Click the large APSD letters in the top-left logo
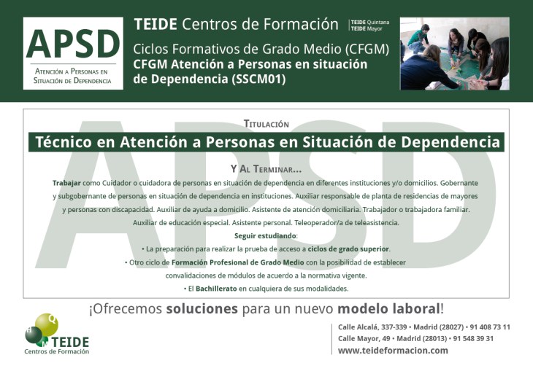tap(73, 44)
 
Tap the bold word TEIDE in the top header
tap(156, 24)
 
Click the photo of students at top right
tap(454, 54)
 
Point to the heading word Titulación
tap(266, 124)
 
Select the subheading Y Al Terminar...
tap(266, 168)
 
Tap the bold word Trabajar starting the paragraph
tap(66, 183)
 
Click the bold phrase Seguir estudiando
tap(266, 235)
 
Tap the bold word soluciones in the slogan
tap(202, 308)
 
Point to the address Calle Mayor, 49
tap(364, 338)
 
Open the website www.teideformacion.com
tap(393, 351)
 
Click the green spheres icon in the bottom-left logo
tap(42, 328)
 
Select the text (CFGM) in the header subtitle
tap(365, 50)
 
